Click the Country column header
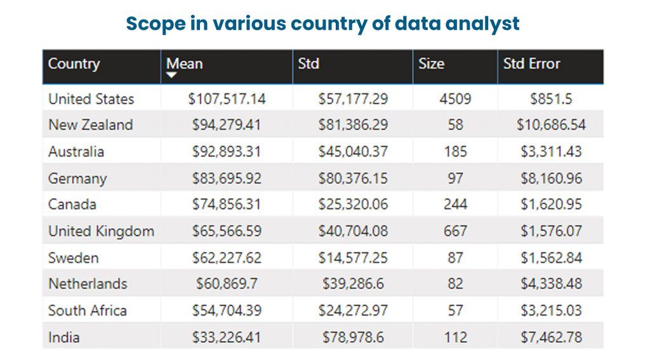74,64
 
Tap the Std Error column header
531,64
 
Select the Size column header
431,64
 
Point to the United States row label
91,99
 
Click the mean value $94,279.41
227,125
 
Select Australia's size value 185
455,152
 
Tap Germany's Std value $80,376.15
353,178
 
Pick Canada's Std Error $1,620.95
551,204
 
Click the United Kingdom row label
101,231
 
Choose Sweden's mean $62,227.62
227,258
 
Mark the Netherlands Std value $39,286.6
353,284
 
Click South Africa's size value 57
455,310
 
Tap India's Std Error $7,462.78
551,337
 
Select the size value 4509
455,99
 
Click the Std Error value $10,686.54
551,125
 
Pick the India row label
64,337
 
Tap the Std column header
308,64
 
